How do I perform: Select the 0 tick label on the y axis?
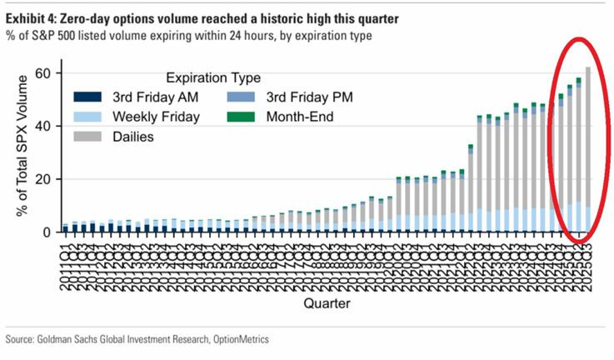[x=47, y=232]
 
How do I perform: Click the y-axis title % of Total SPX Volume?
[x=21, y=150]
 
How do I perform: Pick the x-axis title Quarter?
[x=326, y=302]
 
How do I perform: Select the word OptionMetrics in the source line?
[x=242, y=340]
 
